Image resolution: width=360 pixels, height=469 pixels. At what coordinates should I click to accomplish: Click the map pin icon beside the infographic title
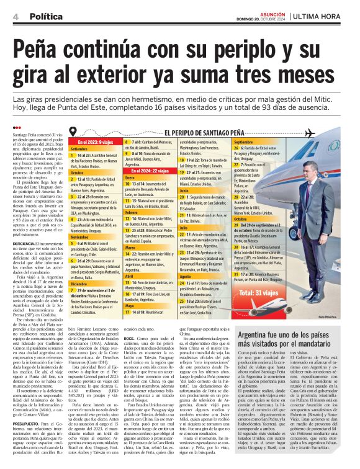74,132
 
